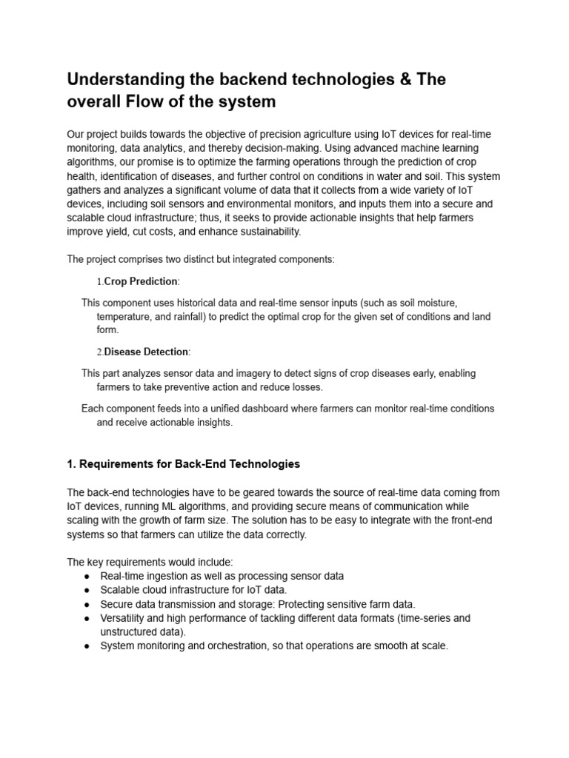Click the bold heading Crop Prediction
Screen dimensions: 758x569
141,281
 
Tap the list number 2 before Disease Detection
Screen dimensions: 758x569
99,352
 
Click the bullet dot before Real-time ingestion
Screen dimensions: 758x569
87,576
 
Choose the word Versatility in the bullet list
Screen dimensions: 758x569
125,618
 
